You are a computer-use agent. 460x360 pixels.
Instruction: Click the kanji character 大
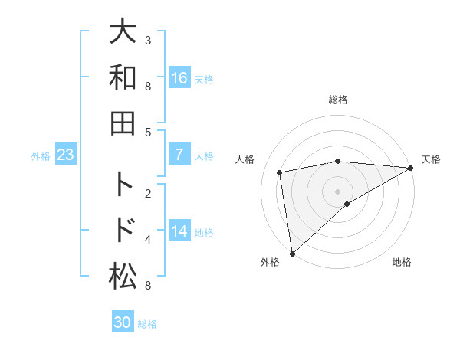123,33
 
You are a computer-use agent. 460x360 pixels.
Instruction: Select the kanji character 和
123,78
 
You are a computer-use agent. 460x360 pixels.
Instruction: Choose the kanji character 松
123,276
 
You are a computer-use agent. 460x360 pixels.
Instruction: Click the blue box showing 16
179,78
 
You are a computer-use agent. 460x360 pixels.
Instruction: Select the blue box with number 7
179,155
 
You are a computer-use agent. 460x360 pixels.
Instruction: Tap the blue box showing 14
179,231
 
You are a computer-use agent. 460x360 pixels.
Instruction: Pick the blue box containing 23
65,155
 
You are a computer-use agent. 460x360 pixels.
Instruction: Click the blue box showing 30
123,322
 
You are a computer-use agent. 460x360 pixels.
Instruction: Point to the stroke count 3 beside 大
147,40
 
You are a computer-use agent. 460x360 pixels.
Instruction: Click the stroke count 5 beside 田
147,132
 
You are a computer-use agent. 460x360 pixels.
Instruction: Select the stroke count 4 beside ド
147,240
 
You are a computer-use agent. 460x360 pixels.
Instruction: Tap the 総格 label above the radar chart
338,100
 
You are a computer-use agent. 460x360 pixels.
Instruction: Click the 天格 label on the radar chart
431,159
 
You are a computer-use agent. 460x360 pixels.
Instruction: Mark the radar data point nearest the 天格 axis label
410,168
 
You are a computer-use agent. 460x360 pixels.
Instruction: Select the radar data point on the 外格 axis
292,253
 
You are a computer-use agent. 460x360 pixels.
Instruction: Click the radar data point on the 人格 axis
281,172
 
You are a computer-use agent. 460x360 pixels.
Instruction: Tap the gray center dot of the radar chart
338,191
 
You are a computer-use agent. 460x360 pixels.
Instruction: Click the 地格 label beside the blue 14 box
205,232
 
